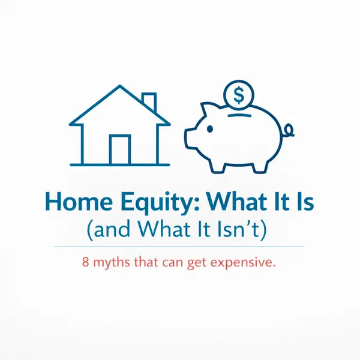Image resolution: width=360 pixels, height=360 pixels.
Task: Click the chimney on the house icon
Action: pos(149,102)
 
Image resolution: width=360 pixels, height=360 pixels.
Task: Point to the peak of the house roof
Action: pos(119,86)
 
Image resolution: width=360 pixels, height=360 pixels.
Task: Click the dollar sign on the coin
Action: pos(239,95)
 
